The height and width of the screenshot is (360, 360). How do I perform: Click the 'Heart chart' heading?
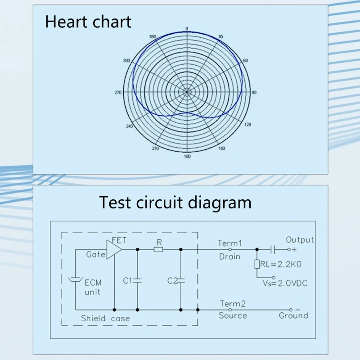click(x=88, y=22)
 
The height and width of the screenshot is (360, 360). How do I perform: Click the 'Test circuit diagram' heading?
click(x=175, y=202)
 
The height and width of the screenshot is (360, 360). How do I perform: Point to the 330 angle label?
click(x=152, y=37)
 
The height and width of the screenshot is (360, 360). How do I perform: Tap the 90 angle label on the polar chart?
click(x=254, y=93)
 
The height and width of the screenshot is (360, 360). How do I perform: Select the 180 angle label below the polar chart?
click(x=187, y=156)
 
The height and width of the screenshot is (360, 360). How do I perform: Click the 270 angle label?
click(x=118, y=93)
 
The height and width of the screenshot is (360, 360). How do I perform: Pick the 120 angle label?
click(x=247, y=125)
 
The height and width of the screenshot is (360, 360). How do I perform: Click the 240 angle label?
click(x=130, y=126)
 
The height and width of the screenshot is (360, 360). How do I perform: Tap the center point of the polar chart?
click(x=187, y=92)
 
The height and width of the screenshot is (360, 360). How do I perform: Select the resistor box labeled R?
click(x=158, y=249)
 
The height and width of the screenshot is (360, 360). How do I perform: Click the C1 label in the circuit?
click(x=128, y=281)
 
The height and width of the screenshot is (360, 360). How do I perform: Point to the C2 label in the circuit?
click(x=172, y=281)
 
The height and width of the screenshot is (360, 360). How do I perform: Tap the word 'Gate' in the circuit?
click(x=96, y=254)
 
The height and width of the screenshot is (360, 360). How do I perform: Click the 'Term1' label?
click(x=230, y=243)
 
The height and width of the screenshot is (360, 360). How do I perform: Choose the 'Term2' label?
click(x=233, y=304)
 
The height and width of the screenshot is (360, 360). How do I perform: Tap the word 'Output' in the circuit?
click(x=300, y=240)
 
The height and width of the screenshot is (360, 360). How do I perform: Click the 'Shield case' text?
click(x=105, y=319)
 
